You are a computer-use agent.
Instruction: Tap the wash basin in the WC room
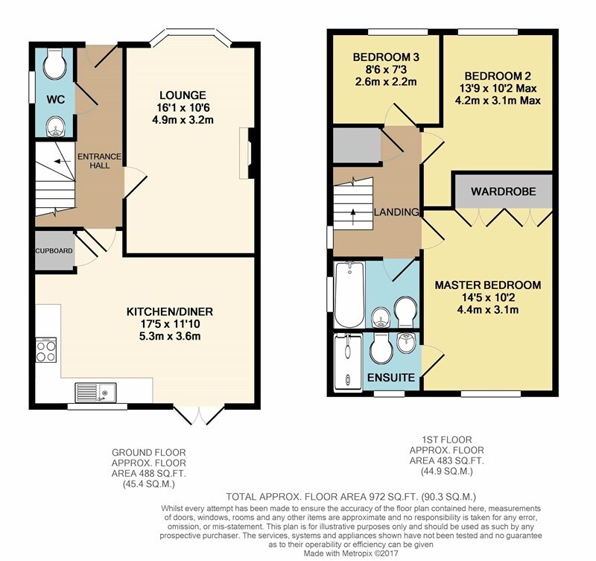pos(55,126)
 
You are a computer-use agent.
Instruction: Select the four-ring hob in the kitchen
pos(46,350)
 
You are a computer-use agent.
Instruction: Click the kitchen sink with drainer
pos(95,393)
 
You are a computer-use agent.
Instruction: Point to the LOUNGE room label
pos(183,95)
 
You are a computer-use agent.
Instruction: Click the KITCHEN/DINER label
pos(170,312)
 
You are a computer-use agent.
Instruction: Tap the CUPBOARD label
pos(54,251)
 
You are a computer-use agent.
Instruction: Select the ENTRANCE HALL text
pos(99,161)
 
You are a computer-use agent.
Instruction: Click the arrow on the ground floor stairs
pos(63,161)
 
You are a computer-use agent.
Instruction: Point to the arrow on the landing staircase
pos(353,216)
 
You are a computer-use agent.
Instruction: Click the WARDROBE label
pos(504,191)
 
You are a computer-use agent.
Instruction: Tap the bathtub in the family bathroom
pos(349,294)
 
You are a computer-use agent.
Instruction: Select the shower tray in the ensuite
pos(348,362)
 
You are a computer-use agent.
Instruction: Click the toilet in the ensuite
pos(381,349)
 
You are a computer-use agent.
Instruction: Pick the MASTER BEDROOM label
pos(488,285)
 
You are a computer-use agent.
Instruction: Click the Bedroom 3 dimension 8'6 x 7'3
pos(386,69)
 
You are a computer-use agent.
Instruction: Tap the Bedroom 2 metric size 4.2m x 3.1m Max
pos(498,101)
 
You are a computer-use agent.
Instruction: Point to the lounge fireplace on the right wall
pos(247,153)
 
